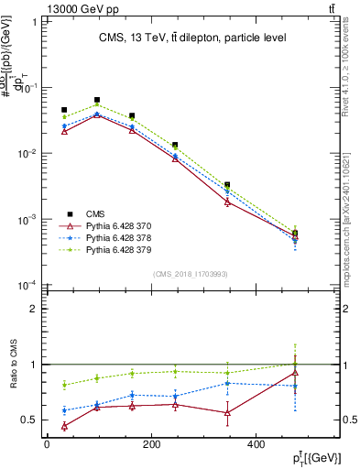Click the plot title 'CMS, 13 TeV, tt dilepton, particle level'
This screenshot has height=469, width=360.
pos(191,38)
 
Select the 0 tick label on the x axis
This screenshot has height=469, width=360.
pos(47,443)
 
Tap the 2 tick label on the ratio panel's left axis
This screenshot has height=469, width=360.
pos(32,309)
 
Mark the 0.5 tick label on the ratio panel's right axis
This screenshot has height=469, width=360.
pos(348,420)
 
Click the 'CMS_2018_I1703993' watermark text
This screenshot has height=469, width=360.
pos(191,274)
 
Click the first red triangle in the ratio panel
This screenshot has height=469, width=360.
pos(64,426)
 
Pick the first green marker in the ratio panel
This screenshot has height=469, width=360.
pos(64,385)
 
